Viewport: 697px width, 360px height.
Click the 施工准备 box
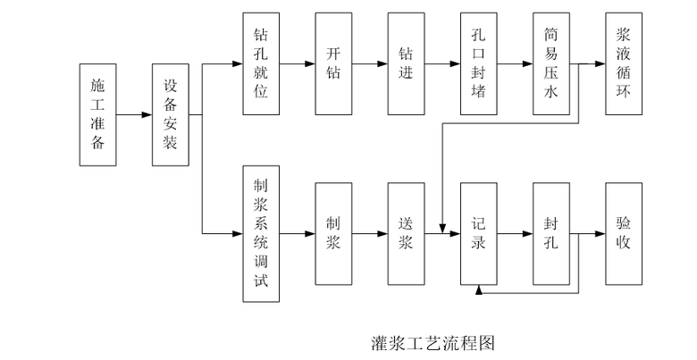(x=98, y=114)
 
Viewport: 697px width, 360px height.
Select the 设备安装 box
(x=171, y=114)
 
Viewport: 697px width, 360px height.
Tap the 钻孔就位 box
(x=261, y=64)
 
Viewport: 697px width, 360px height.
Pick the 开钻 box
(x=333, y=64)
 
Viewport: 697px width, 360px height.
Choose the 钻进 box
(x=406, y=64)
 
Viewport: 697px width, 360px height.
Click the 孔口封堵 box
(x=479, y=64)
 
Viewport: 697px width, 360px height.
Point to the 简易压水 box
(x=551, y=64)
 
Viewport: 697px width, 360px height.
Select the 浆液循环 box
(x=624, y=64)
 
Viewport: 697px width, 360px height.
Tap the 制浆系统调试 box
(x=261, y=234)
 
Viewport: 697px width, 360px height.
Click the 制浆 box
(x=333, y=234)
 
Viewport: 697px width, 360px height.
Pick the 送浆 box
(x=406, y=234)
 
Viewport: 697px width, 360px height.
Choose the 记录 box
(x=479, y=234)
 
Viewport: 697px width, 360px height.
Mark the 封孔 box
(x=551, y=234)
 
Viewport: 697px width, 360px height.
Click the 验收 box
(x=624, y=234)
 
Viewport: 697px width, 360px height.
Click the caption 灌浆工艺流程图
(x=432, y=342)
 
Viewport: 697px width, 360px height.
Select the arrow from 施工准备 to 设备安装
(x=134, y=114)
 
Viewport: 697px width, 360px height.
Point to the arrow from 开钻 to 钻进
(x=369, y=64)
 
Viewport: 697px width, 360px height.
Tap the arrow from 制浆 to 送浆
(x=369, y=234)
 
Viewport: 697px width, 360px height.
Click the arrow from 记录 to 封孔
(x=515, y=234)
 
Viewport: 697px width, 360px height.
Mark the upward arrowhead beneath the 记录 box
(x=480, y=290)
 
